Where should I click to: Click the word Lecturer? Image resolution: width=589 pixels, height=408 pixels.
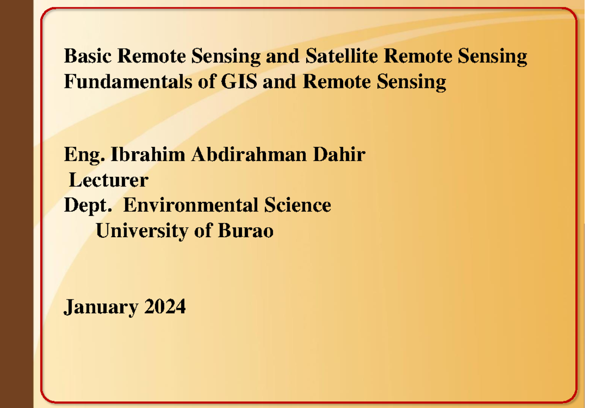pos(108,180)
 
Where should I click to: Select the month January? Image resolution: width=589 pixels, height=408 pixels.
pos(102,308)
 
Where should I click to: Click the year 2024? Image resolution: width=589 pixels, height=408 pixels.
pos(165,307)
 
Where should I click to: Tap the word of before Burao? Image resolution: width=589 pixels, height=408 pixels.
pos(203,230)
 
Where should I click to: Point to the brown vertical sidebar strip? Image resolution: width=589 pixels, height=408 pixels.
pos(16,204)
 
